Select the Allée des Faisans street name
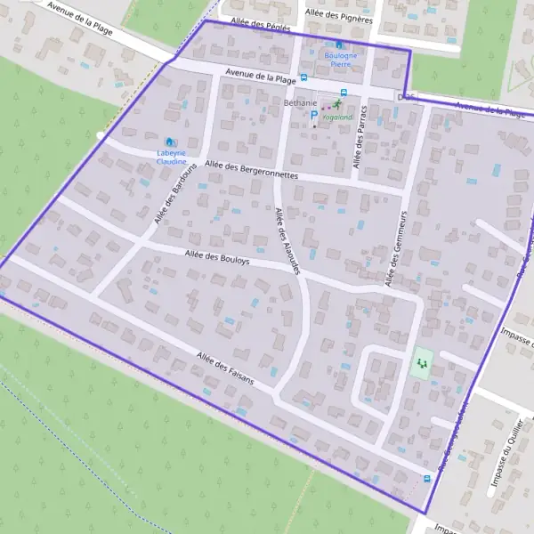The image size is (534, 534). pyautogui.click(x=226, y=369)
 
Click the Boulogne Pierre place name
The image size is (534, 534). pyautogui.click(x=338, y=60)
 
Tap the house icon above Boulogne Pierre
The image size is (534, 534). pyautogui.click(x=338, y=44)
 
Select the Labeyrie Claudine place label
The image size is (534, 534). pyautogui.click(x=171, y=158)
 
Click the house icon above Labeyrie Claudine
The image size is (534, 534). pyautogui.click(x=170, y=142)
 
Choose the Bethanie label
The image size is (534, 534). pyautogui.click(x=300, y=103)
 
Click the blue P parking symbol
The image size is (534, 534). pyautogui.click(x=313, y=114)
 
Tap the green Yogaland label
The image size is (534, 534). pyautogui.click(x=337, y=117)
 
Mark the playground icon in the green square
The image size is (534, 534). pyautogui.click(x=419, y=363)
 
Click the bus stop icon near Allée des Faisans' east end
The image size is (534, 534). pyautogui.click(x=428, y=478)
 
